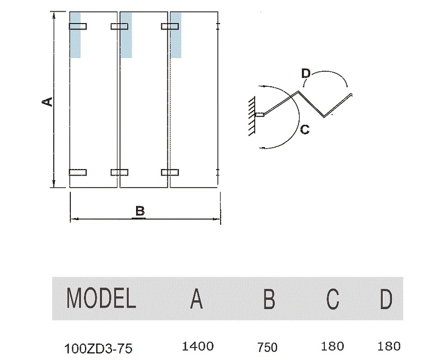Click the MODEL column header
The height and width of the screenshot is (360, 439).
click(101, 299)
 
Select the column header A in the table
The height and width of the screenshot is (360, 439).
click(196, 299)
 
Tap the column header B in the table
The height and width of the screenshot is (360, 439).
click(269, 299)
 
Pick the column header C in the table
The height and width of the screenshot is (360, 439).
click(333, 299)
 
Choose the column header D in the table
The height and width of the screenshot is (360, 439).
click(386, 299)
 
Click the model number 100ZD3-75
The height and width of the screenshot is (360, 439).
click(98, 347)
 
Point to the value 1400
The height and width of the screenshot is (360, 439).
click(197, 346)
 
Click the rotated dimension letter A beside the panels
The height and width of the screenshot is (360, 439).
click(48, 102)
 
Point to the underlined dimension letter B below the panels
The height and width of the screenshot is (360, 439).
click(139, 211)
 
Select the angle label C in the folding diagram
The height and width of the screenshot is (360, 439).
click(305, 130)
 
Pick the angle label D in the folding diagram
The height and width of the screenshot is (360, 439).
click(306, 73)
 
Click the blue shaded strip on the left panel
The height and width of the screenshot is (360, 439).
click(75, 35)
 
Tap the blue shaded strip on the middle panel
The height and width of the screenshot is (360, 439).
click(126, 35)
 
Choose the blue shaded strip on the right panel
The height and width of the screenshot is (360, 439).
click(176, 35)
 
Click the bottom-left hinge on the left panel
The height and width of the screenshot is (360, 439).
click(78, 172)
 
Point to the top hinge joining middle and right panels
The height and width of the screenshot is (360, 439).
click(170, 26)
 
